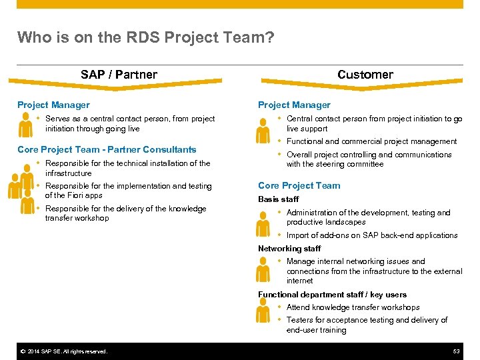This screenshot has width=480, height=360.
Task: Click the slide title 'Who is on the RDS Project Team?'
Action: pos(145,37)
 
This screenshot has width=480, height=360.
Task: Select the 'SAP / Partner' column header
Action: pos(119,75)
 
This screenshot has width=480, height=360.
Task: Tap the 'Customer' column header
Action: pos(365,75)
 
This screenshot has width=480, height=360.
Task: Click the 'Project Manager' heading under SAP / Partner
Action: pos(53,105)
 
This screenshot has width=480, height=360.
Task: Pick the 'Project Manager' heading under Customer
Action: pos(294,105)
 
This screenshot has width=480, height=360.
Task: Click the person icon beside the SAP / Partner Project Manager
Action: pos(25,125)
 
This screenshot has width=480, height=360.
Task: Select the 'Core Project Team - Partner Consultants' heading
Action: pos(107,149)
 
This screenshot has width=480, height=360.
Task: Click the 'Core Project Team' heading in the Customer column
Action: pos(299,185)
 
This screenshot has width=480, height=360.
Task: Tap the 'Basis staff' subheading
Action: pos(278,199)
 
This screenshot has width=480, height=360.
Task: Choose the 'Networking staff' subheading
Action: pos(289,248)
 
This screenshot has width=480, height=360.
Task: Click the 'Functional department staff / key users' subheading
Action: pos(332,294)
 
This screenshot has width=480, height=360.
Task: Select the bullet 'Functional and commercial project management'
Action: pos(371,141)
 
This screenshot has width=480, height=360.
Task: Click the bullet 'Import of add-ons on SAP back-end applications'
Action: pos(372,235)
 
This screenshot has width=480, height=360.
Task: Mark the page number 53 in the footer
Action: pos(457,351)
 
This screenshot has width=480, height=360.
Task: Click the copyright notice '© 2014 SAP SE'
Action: pos(63,351)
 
